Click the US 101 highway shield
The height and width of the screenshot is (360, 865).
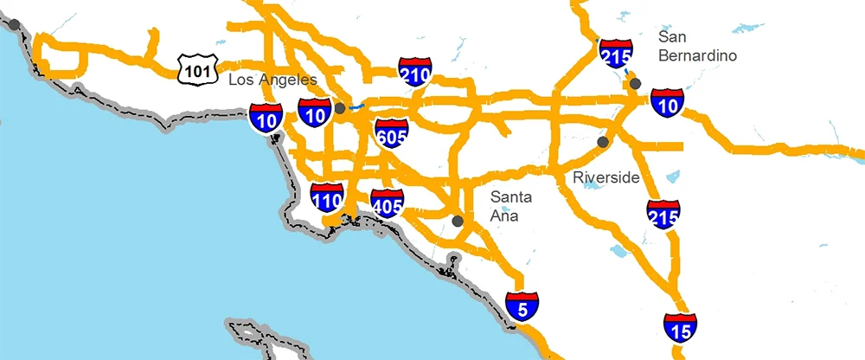[x=196, y=68]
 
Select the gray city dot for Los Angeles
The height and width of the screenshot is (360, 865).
[x=340, y=108]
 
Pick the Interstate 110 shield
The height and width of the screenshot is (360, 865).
[x=327, y=200]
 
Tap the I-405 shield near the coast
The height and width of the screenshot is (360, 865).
[x=387, y=205]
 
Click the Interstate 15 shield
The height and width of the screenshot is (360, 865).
[x=680, y=328]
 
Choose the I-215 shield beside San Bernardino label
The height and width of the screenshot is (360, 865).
[x=614, y=54]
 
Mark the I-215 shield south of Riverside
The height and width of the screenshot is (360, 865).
[x=663, y=215]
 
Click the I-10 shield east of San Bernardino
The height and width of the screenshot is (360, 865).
[x=668, y=102]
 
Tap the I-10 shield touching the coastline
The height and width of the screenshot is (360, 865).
[x=264, y=117]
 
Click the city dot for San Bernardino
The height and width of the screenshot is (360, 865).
[x=636, y=83]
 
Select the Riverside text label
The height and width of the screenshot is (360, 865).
[x=605, y=177]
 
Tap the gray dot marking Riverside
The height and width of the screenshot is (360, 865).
[x=603, y=141]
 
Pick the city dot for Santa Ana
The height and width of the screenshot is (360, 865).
[x=458, y=222]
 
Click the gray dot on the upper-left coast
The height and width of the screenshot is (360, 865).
[x=15, y=24]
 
